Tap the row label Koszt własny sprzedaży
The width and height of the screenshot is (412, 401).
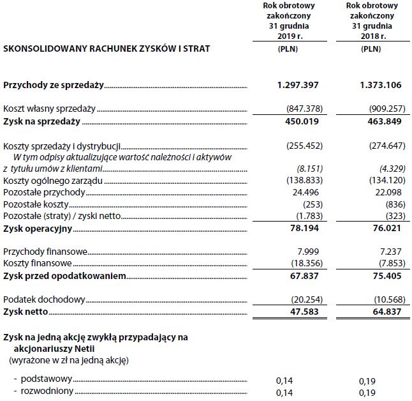coord(49,109)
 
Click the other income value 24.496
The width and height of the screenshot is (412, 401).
coord(304,193)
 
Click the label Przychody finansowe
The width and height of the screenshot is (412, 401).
coord(45,252)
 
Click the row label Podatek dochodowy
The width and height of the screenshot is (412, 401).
coord(44,299)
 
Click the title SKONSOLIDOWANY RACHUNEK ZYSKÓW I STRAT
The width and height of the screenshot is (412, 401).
coord(107,48)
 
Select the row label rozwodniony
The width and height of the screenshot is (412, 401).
coord(43,391)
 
